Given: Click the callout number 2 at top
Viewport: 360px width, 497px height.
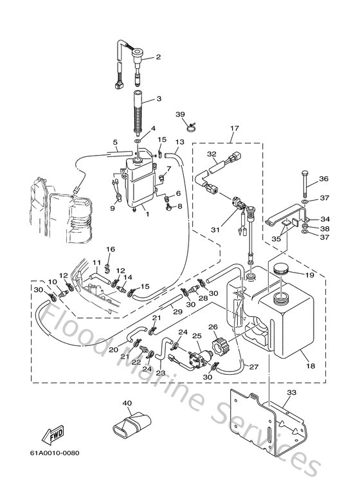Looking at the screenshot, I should point(157,58).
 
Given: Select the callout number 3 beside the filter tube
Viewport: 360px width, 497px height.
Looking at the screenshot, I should point(158,100).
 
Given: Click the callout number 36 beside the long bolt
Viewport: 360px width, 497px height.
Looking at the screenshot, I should point(323,179).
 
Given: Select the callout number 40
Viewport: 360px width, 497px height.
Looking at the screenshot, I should point(127,404).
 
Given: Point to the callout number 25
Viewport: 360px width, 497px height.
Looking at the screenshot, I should point(197,336).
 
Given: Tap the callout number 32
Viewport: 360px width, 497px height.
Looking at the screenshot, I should point(212,154).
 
